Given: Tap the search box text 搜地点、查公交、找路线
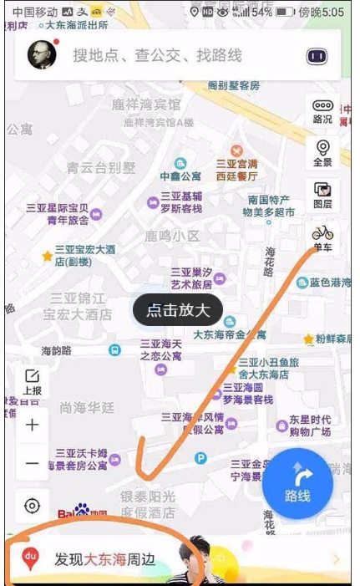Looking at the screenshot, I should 157,55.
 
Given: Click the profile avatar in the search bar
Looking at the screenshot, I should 42,54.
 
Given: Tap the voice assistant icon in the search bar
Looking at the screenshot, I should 316,56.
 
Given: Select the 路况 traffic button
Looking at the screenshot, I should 322,110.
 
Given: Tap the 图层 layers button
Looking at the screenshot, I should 322,194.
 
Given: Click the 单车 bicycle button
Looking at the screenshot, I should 322,237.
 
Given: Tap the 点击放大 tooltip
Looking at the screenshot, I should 178,311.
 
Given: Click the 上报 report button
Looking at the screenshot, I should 33,382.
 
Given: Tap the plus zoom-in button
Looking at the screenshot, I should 33,425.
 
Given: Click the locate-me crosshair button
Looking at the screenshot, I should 33,506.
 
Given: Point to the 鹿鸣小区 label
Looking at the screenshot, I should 172,236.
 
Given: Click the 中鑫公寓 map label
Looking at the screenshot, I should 180,176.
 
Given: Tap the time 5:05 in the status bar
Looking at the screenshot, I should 332,13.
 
